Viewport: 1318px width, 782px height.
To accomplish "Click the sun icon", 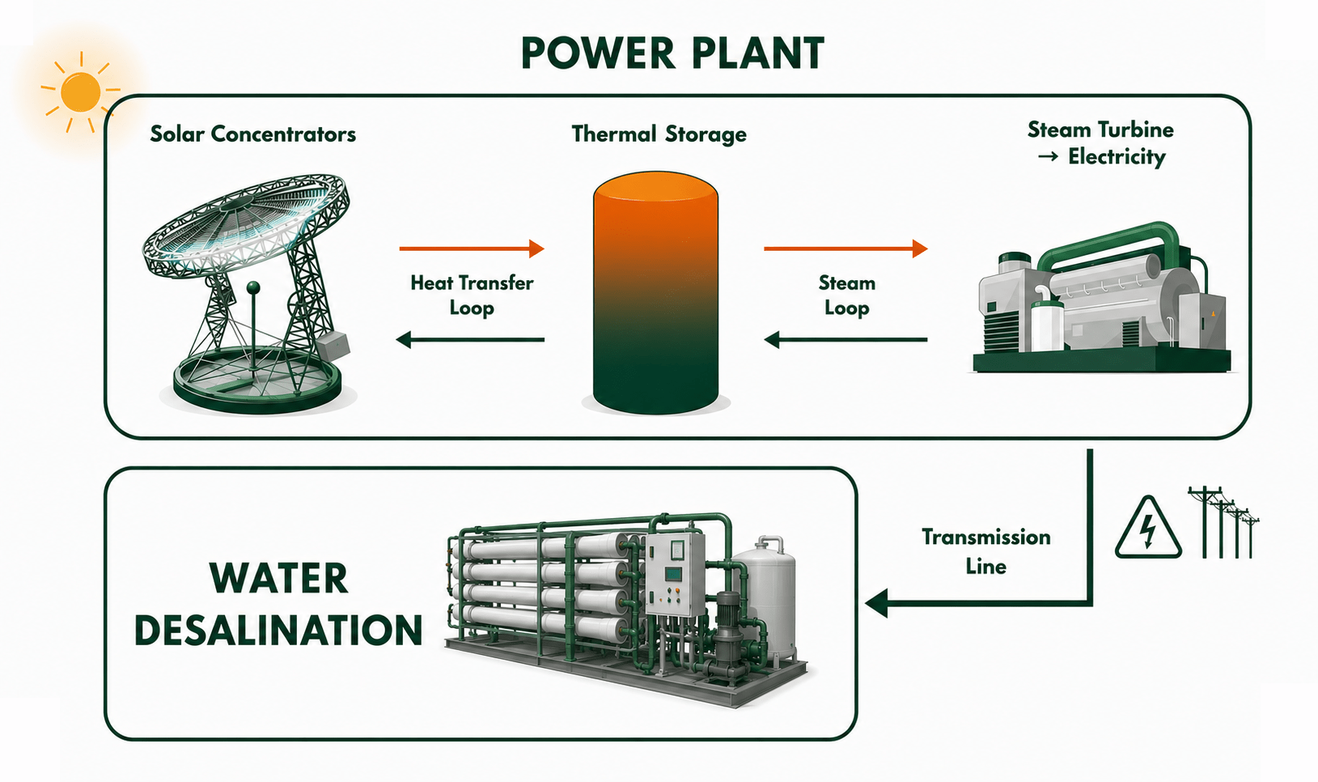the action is [x=81, y=92].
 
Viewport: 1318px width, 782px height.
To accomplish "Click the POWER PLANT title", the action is [x=672, y=53].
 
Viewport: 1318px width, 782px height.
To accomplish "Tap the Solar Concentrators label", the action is [x=253, y=134].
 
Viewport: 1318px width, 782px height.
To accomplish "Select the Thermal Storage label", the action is [x=659, y=134].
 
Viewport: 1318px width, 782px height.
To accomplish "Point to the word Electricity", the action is [x=1117, y=157].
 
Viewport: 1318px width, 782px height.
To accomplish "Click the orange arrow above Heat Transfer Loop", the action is [x=472, y=249].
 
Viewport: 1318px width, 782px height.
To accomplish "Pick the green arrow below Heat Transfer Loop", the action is [x=470, y=340].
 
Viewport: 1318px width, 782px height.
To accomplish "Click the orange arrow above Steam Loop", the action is [x=845, y=249].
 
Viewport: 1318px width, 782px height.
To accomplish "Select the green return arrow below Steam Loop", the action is [x=845, y=340].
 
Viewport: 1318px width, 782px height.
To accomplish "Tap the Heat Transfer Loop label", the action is [x=472, y=295].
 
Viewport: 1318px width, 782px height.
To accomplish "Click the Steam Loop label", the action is [x=846, y=295].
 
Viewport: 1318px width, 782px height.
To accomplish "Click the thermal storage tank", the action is [x=655, y=293].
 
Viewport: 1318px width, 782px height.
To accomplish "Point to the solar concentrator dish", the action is [x=247, y=223].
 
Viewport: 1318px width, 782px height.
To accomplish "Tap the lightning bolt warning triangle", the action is [x=1148, y=527].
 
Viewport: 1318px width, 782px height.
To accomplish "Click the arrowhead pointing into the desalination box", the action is [x=877, y=604].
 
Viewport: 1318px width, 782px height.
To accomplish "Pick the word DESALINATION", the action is [x=278, y=630].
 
